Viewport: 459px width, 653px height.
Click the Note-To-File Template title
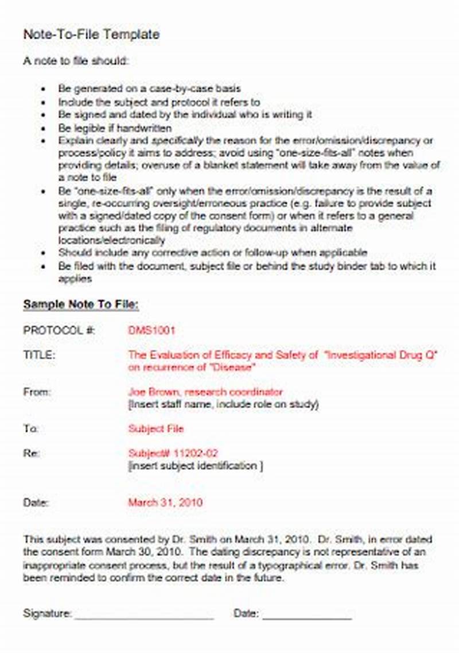(91, 34)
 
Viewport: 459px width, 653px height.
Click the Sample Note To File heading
(80, 304)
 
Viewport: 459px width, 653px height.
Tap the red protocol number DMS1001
(151, 330)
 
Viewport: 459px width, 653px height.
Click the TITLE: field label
(39, 356)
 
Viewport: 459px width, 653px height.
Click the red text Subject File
(156, 428)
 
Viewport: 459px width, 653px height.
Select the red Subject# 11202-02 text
(173, 454)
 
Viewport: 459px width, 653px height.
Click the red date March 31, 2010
(165, 503)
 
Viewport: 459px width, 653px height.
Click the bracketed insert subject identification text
(196, 466)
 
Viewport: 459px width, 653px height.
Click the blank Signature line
(144, 615)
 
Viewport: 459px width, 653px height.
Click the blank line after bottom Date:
(307, 615)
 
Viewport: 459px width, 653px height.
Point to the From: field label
(37, 392)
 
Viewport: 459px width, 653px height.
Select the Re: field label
(31, 454)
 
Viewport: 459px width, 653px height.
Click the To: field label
(30, 428)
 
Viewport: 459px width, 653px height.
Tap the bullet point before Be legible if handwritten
(44, 129)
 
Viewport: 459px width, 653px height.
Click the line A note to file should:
(76, 60)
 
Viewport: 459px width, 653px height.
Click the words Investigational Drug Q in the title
(381, 356)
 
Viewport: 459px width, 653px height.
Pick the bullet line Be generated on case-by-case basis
(149, 88)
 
